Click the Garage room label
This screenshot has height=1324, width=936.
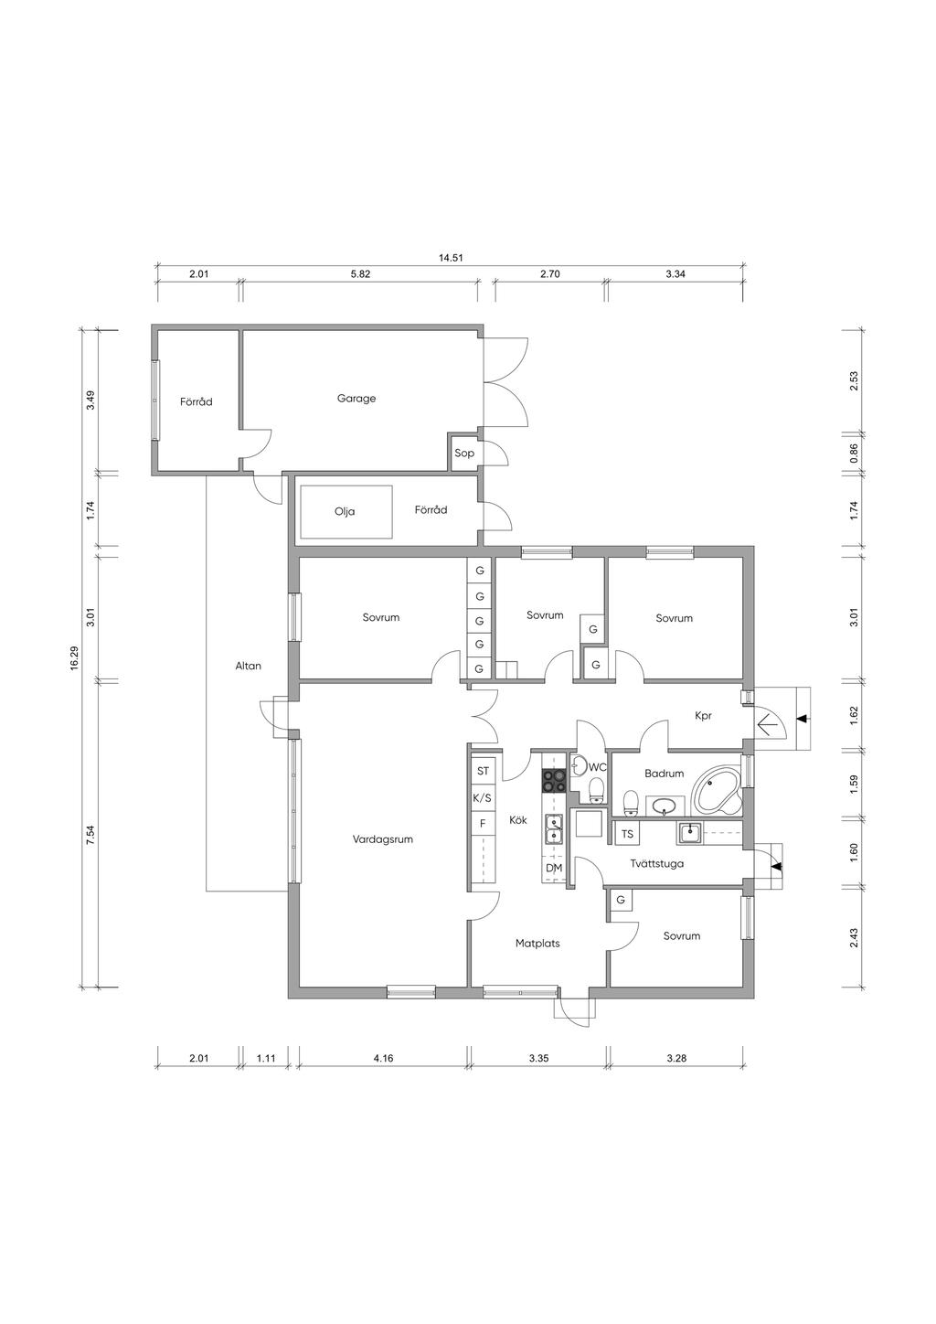point(356,399)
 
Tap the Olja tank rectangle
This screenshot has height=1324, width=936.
point(346,512)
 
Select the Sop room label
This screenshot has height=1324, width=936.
point(464,454)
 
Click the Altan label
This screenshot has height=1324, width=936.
point(249,666)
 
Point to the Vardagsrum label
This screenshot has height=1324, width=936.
point(382,839)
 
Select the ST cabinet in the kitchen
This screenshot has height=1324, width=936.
point(483,771)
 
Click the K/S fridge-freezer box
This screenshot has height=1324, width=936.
point(483,798)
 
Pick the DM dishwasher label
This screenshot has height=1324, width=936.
point(554,869)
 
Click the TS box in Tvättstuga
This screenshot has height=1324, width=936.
point(627,834)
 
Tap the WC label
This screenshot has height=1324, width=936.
point(598,768)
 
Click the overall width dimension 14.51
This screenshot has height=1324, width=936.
point(451,257)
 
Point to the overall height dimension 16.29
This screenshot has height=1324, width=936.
point(74,657)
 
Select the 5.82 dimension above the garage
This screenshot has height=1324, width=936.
point(360,274)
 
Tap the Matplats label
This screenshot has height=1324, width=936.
point(537,944)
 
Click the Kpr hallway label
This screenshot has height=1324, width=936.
point(703,716)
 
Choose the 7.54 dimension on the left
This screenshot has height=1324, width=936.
point(90,835)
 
